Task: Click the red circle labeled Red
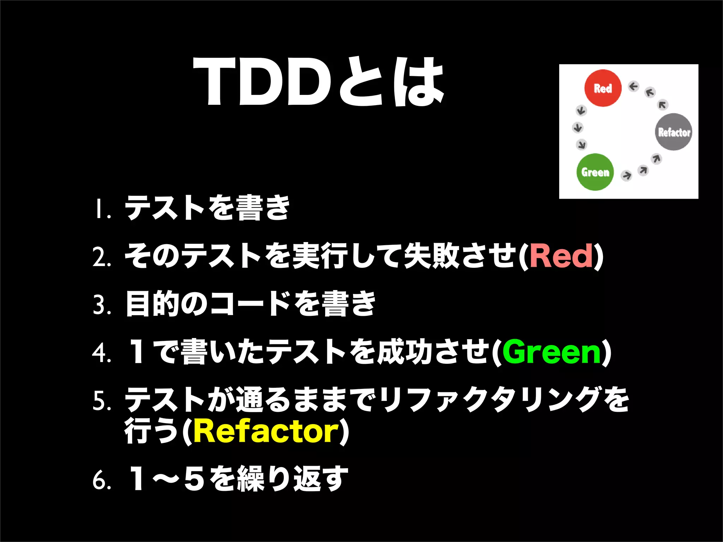603,88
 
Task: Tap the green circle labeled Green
595,172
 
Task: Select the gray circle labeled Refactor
674,132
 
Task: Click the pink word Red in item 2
561,256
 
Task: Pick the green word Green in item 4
552,352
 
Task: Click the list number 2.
102,258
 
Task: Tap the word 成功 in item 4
405,352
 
